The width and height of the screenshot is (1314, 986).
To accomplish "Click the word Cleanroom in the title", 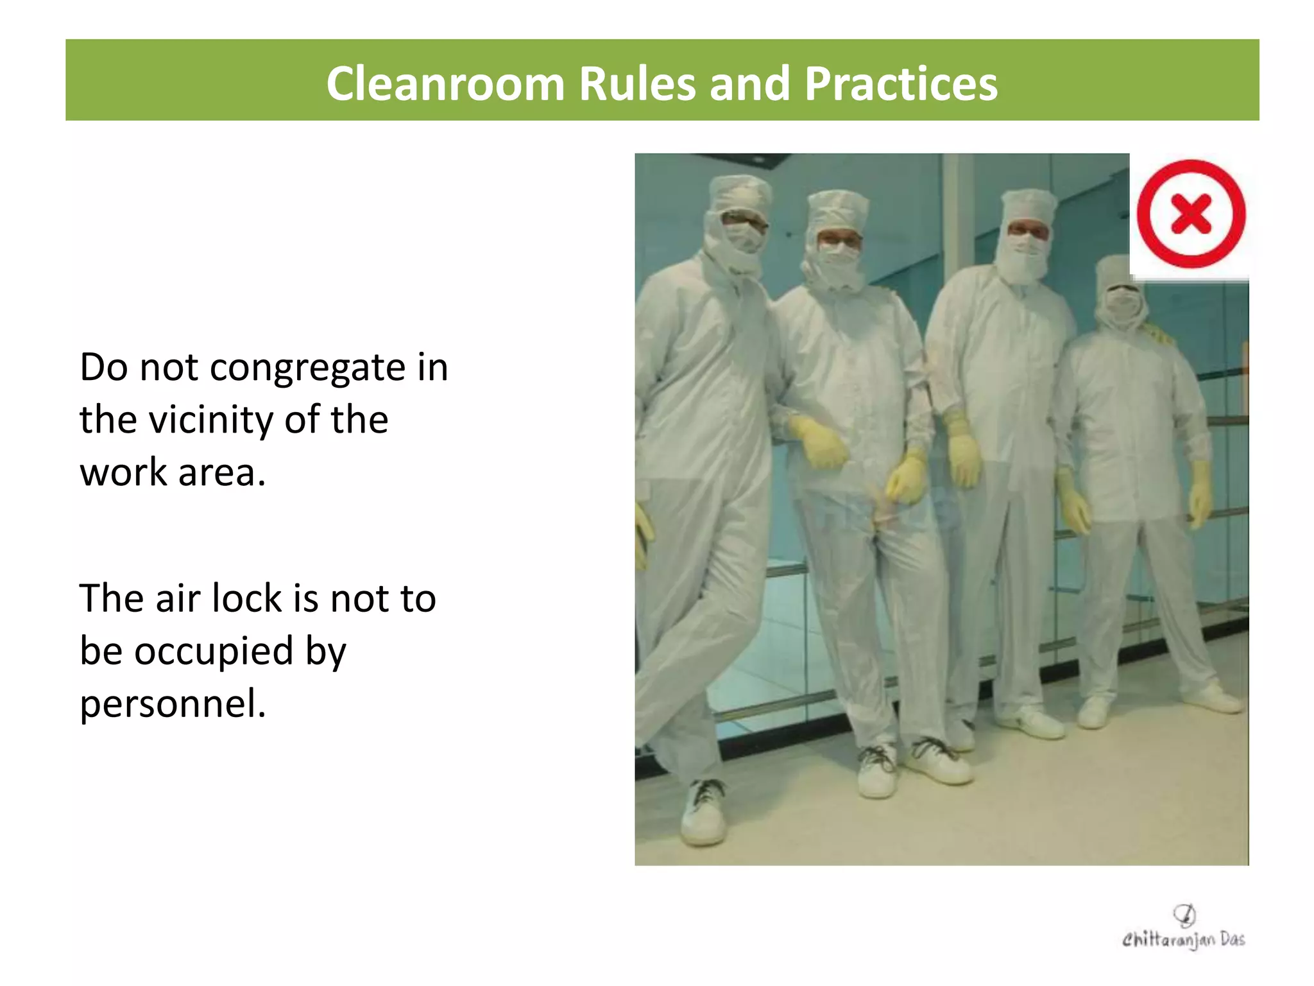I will point(445,83).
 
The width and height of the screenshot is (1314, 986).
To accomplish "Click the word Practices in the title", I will point(901,83).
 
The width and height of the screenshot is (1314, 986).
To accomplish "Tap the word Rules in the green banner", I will point(637,83).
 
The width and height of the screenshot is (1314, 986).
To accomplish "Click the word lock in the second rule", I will point(246,598).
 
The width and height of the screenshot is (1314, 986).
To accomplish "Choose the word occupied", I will point(214,652).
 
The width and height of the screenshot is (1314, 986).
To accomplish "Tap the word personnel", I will point(172,704).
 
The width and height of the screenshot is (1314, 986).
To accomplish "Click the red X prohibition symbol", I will point(1190,214).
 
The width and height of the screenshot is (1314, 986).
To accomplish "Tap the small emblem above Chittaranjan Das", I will point(1184,913).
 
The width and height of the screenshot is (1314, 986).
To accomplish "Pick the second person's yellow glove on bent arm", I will point(818,443).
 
